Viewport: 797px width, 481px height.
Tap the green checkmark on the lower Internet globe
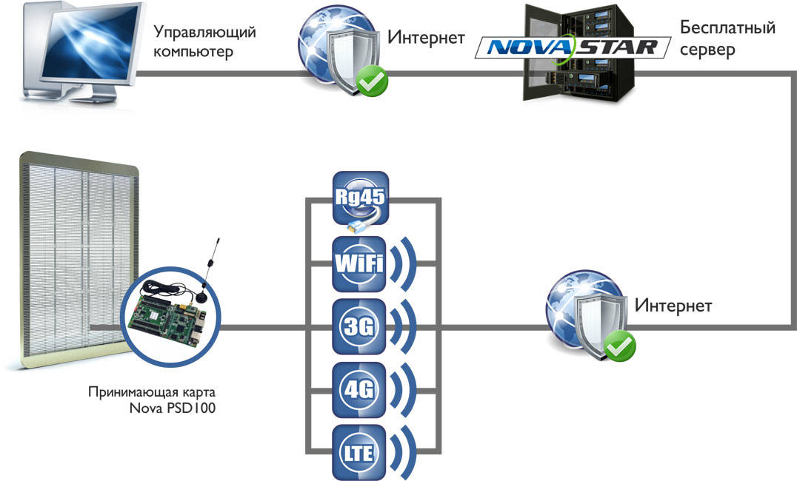pyautogui.click(x=617, y=343)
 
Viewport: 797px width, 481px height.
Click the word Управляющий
pyautogui.click(x=205, y=32)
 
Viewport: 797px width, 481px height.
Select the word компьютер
pyautogui.click(x=193, y=52)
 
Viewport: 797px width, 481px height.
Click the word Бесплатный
pyautogui.click(x=727, y=28)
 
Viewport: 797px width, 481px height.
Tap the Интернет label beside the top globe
pyautogui.click(x=427, y=37)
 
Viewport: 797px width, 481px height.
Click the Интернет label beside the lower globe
pyautogui.click(x=673, y=305)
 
